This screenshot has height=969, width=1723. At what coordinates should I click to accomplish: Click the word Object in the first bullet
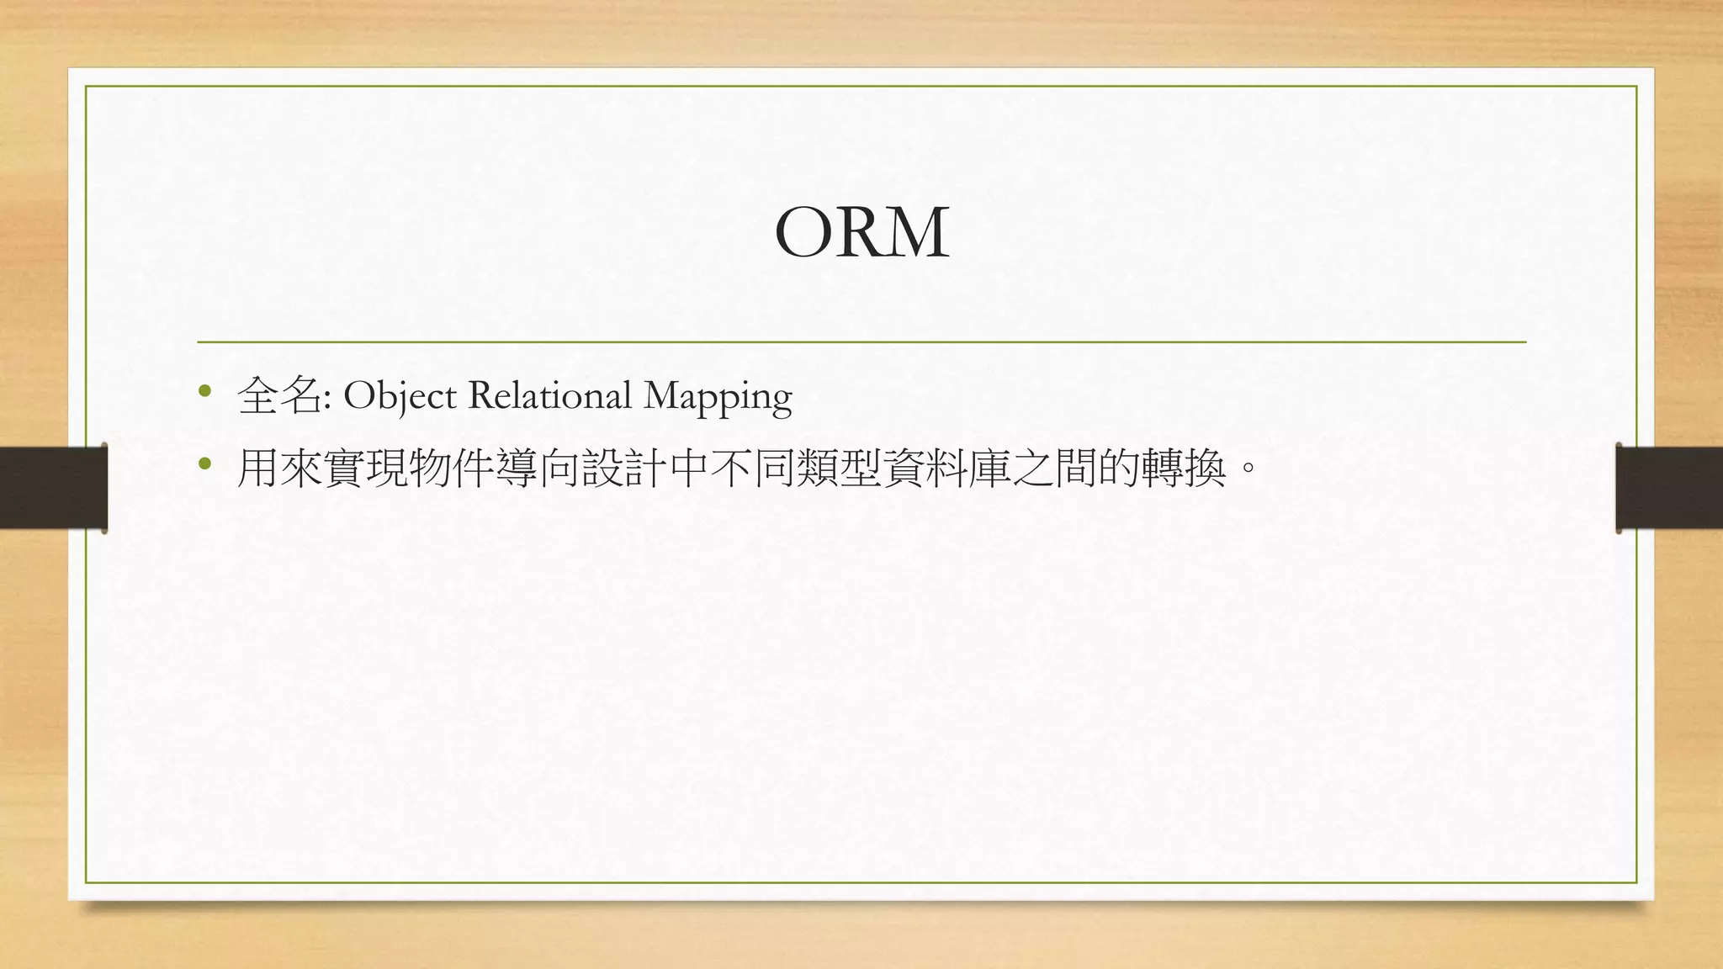[x=400, y=395]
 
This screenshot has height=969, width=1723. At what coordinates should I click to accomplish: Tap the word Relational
[x=549, y=395]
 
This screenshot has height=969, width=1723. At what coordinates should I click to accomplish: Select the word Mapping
[x=718, y=397]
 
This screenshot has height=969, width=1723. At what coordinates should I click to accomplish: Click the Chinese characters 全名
[x=279, y=395]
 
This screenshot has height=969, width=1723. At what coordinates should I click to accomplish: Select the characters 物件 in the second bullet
[x=452, y=468]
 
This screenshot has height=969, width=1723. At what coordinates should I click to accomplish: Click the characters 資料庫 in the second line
[x=947, y=468]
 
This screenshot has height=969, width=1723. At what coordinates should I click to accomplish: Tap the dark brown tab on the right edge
[x=1669, y=488]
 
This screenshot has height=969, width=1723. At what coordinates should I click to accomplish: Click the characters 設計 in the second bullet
[x=624, y=468]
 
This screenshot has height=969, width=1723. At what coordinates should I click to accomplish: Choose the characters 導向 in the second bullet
[x=538, y=468]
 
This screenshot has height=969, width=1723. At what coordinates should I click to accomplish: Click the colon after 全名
[x=326, y=400]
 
